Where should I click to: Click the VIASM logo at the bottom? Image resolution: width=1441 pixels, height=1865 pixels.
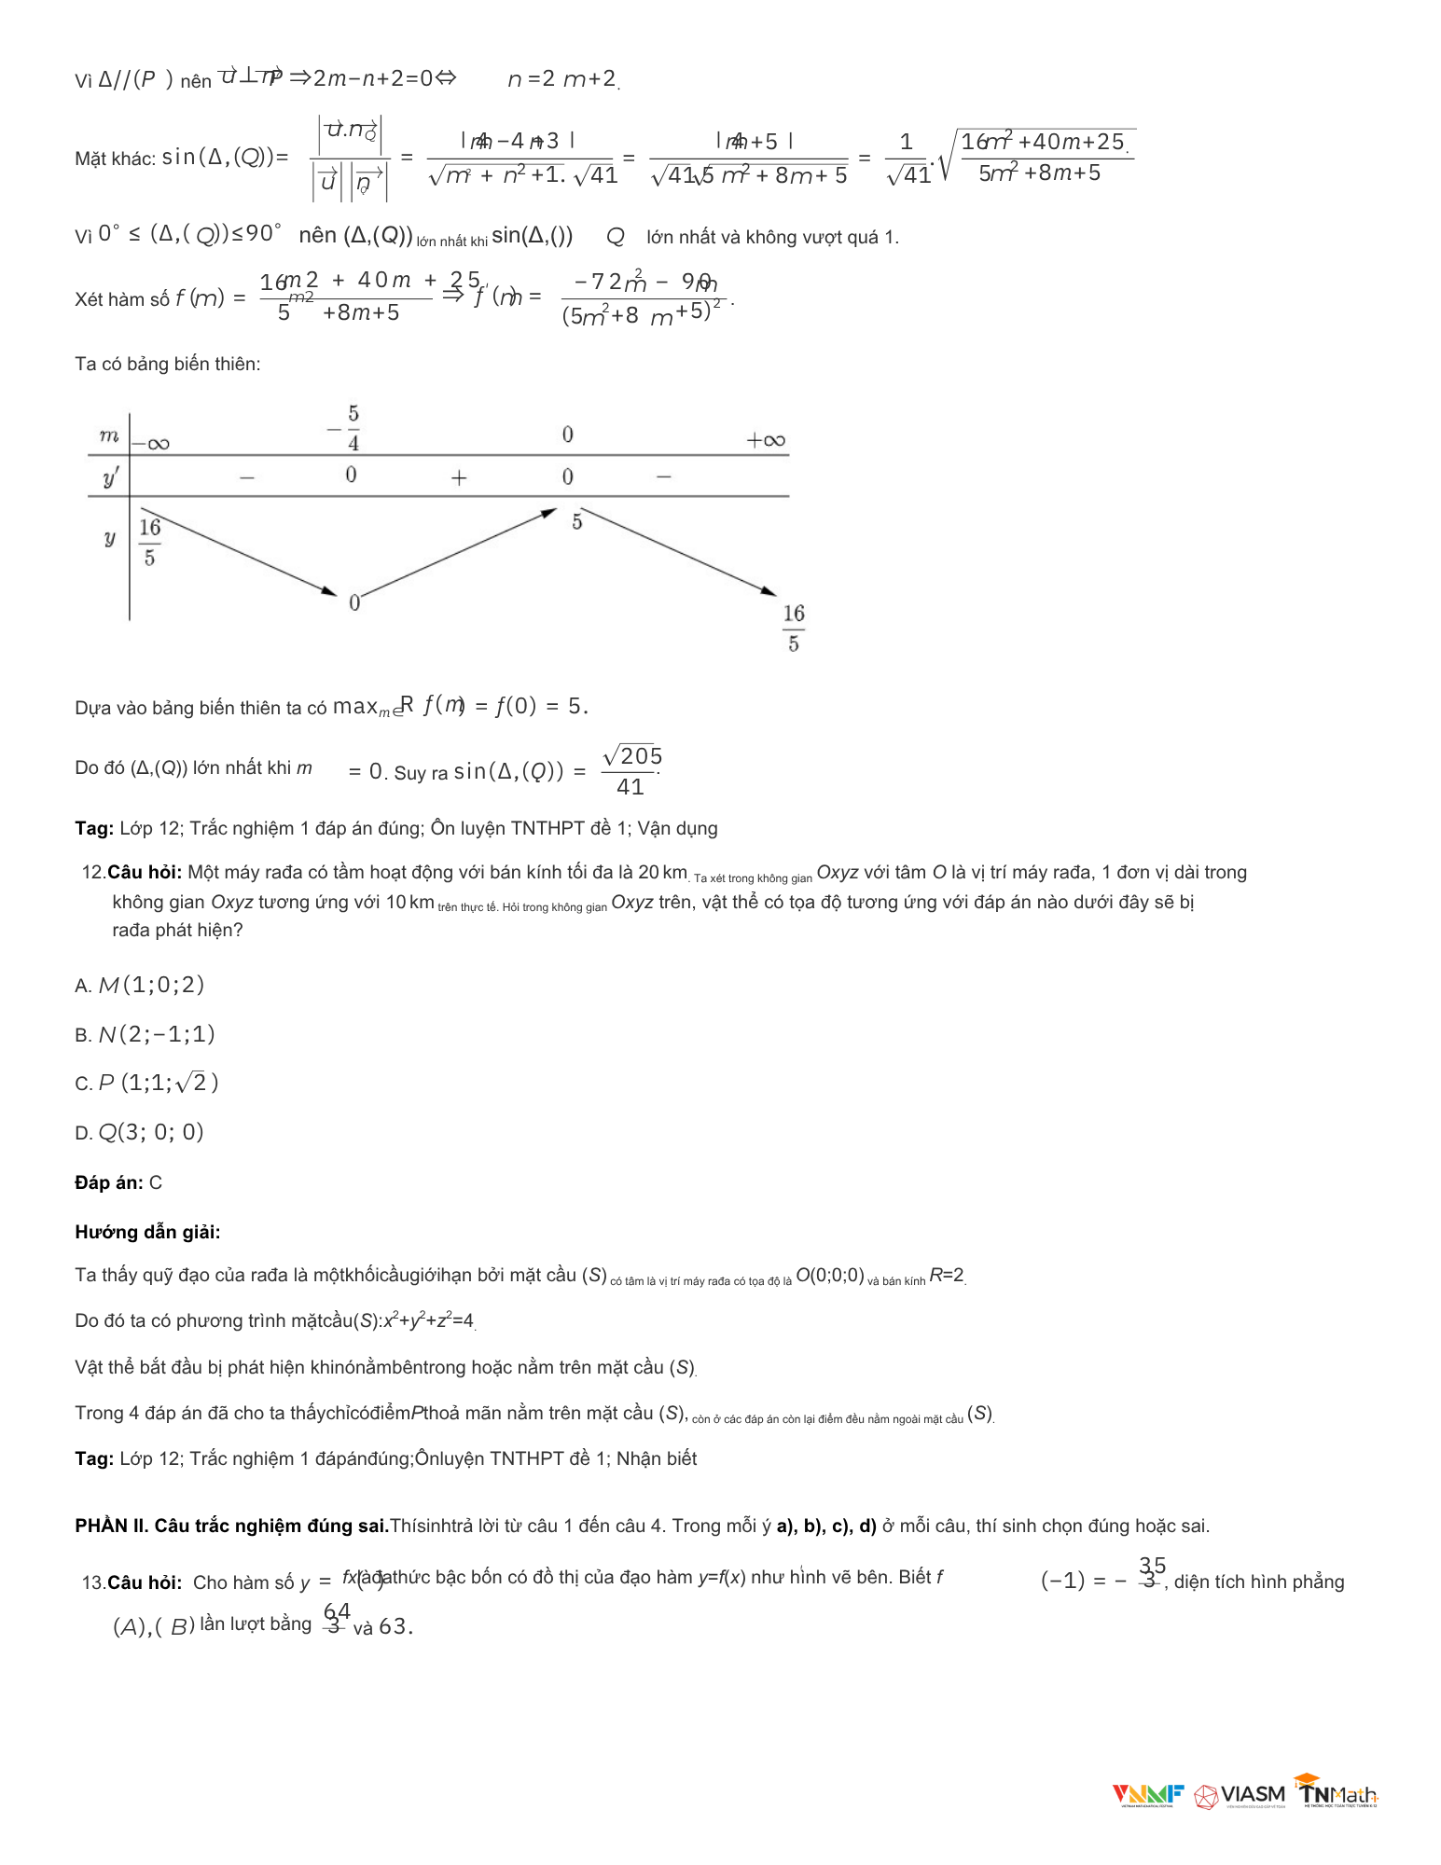click(1240, 1795)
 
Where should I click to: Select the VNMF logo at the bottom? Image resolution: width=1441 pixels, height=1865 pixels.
click(1147, 1795)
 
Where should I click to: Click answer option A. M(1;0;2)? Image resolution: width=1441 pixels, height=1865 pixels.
click(140, 985)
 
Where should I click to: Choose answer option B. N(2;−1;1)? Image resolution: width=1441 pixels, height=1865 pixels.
click(145, 1034)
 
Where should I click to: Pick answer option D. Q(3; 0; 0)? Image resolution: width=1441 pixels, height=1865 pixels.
click(139, 1132)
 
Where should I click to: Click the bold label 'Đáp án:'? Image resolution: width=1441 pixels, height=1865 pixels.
click(108, 1182)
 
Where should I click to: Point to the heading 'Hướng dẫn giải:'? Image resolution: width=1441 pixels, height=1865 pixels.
click(147, 1232)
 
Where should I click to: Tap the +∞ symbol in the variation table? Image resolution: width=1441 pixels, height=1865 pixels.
click(766, 440)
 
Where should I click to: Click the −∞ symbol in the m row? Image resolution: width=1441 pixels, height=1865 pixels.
click(151, 444)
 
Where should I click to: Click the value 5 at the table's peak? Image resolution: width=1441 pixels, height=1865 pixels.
click(577, 522)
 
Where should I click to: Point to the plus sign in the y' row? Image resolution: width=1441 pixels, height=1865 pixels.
click(459, 478)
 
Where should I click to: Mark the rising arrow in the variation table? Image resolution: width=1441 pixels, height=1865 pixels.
click(457, 552)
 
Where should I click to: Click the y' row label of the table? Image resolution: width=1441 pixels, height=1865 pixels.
click(110, 478)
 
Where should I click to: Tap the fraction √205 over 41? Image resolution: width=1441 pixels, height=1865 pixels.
click(631, 770)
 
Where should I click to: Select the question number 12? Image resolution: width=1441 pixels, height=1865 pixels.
click(92, 872)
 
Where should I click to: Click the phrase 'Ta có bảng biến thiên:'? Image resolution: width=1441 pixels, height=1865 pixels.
click(167, 364)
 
